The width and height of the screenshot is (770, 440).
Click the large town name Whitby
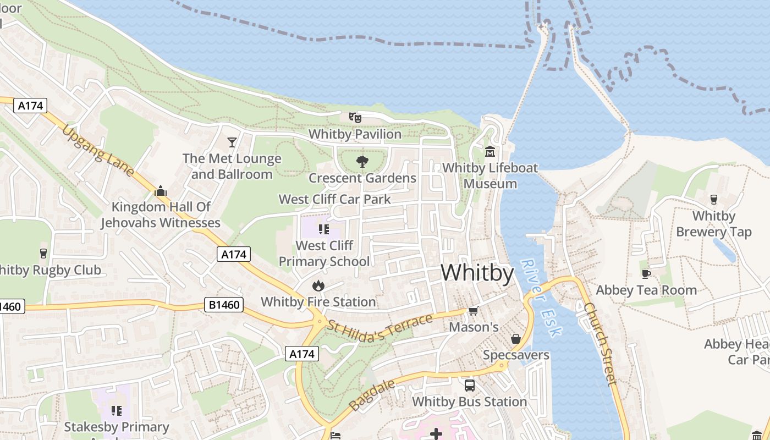coord(477,273)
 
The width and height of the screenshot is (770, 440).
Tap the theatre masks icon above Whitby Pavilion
coord(355,117)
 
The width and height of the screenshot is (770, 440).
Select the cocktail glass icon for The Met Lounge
coord(232,142)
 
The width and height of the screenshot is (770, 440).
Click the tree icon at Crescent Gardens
coord(362,161)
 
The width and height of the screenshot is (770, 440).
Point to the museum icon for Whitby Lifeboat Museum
coord(490,151)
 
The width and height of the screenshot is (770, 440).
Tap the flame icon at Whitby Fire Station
coord(318,285)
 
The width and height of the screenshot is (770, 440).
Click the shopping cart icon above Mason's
coord(473,311)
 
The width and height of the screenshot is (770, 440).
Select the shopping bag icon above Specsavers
coord(515,339)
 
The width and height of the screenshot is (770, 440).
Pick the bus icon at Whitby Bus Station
coord(469,386)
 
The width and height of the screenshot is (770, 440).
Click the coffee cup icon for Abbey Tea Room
coord(646,274)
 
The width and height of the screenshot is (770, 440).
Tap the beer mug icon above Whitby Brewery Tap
coord(713,199)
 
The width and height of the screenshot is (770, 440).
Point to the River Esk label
coord(541,298)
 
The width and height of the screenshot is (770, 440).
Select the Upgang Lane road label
coord(98,151)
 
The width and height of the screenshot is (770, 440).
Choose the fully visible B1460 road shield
coord(223,305)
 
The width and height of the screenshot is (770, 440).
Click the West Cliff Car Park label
coord(334,199)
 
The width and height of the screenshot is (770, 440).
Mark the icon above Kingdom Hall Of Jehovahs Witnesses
coord(161,191)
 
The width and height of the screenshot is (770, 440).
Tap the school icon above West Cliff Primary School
coord(323,229)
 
